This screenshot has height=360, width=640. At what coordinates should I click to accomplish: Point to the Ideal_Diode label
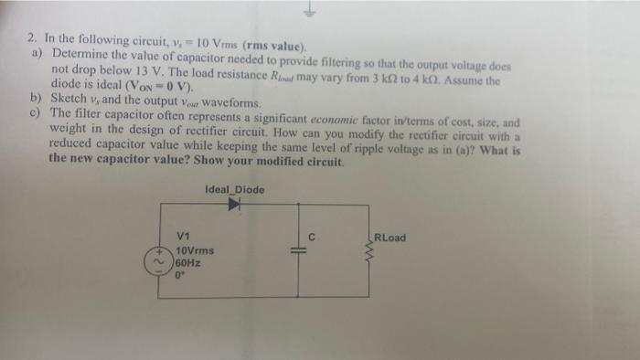[x=235, y=189]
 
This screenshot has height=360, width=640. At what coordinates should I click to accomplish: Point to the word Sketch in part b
[x=69, y=103]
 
